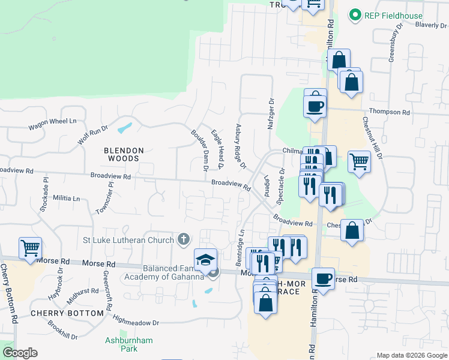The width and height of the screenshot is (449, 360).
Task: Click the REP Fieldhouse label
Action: tap(394, 16)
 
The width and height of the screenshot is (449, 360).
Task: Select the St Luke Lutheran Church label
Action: tap(128, 241)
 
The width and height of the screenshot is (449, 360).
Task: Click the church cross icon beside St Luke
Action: tap(184, 240)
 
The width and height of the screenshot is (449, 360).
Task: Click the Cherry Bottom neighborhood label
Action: tap(67, 313)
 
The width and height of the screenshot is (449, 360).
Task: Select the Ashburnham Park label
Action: tap(128, 344)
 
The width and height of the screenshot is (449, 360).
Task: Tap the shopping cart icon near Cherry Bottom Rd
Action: tap(30, 247)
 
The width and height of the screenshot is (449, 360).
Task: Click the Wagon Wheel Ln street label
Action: tap(53, 124)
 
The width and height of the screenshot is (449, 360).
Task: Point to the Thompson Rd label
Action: tap(389, 112)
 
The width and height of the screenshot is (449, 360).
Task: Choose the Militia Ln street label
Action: tap(67, 198)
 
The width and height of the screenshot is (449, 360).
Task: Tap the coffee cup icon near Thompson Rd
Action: tap(315, 106)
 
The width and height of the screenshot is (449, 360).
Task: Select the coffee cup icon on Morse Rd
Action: tap(324, 278)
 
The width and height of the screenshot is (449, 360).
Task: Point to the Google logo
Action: tap(20, 353)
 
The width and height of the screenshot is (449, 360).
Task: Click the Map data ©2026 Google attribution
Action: tap(411, 355)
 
